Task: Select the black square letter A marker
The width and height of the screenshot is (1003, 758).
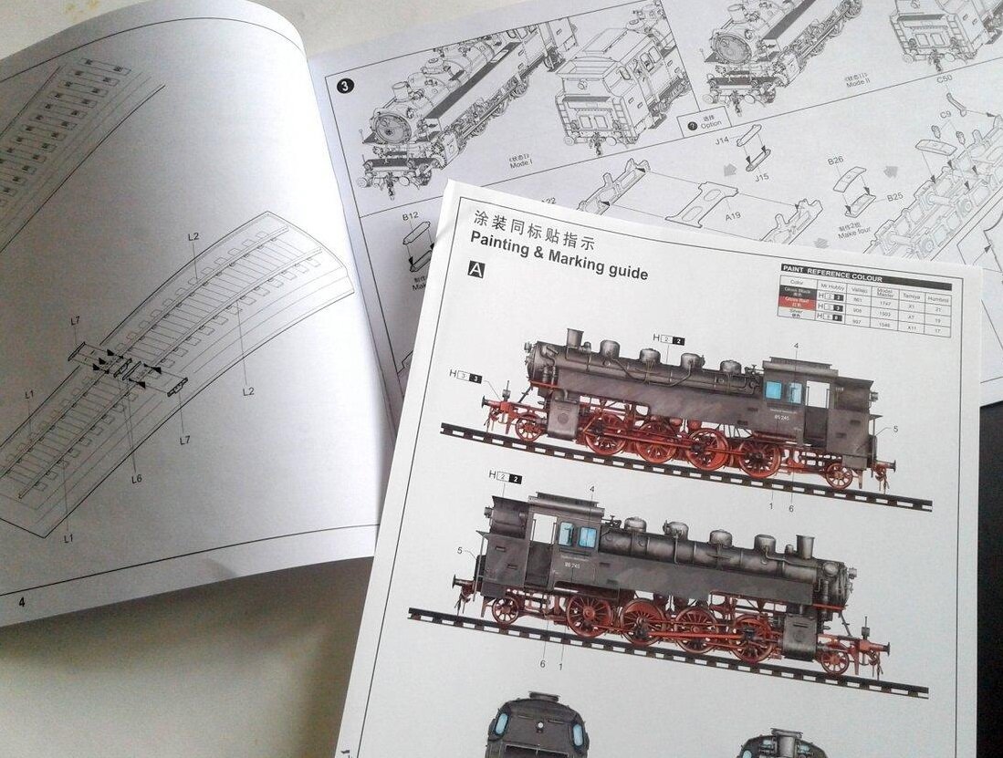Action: [475, 269]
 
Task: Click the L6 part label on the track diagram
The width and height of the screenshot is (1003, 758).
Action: [136, 478]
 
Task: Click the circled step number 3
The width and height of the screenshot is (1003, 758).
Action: [345, 87]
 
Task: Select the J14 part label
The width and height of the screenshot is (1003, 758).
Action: [723, 140]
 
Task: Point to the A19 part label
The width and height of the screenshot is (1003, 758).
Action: [733, 217]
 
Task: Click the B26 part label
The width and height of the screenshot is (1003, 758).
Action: [835, 161]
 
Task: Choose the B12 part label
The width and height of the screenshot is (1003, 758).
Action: [410, 215]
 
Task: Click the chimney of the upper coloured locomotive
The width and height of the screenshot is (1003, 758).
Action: [575, 338]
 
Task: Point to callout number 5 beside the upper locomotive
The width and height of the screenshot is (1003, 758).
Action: [895, 429]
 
